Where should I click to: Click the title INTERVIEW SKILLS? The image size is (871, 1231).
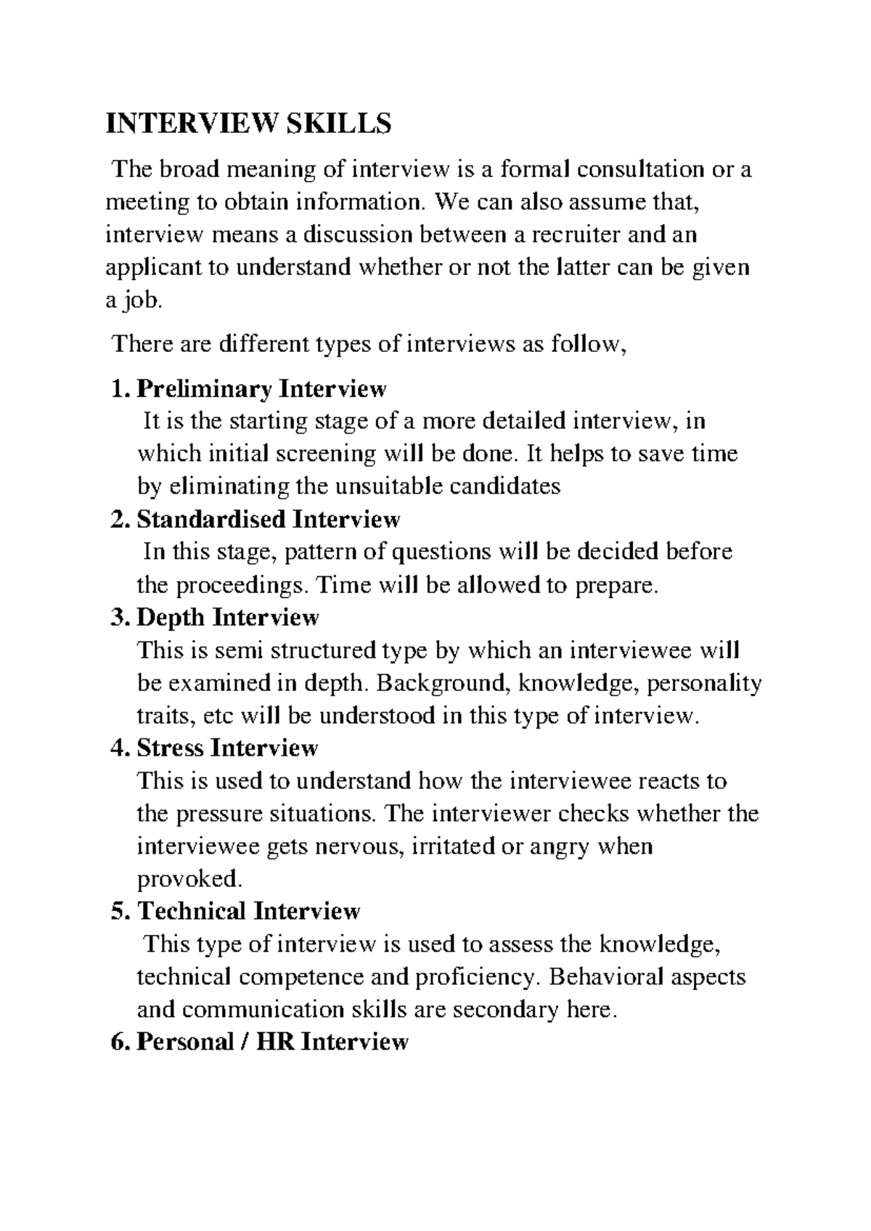click(248, 124)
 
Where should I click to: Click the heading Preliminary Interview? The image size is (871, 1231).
click(261, 389)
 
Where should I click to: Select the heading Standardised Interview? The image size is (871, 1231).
click(268, 520)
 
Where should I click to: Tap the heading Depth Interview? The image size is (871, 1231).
click(227, 618)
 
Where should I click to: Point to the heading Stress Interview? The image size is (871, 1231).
click(227, 748)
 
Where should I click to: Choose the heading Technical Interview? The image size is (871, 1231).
click(248, 911)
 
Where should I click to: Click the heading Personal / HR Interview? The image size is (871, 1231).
click(272, 1042)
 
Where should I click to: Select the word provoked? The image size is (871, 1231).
click(188, 879)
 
